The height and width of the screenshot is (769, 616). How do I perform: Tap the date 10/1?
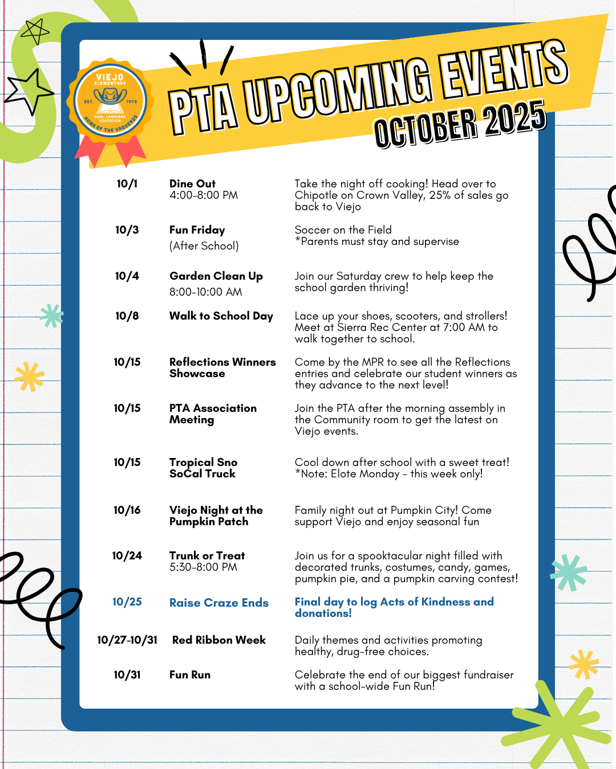(x=127, y=184)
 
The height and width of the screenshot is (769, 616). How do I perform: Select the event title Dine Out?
(x=192, y=184)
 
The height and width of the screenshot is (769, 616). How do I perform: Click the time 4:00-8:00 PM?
(x=204, y=195)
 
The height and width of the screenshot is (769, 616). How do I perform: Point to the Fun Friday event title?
(x=197, y=230)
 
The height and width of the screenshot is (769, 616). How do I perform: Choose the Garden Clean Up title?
(x=216, y=276)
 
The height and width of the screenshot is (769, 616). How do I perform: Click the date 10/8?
(x=127, y=316)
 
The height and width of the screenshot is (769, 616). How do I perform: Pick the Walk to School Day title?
(x=221, y=316)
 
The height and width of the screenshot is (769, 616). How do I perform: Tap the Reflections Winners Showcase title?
(x=222, y=368)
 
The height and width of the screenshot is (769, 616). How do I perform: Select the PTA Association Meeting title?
(x=213, y=414)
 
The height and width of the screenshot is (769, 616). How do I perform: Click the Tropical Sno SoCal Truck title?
(x=203, y=468)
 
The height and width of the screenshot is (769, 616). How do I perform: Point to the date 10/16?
(x=127, y=510)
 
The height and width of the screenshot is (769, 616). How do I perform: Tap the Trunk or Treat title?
(x=206, y=556)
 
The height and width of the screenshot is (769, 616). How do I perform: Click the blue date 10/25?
(x=127, y=602)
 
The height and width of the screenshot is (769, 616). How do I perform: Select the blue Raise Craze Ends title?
(x=218, y=603)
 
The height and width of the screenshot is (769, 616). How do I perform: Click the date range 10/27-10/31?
(x=127, y=640)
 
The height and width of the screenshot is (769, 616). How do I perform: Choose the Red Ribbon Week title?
(x=218, y=640)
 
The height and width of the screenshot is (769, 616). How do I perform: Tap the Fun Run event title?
(x=189, y=675)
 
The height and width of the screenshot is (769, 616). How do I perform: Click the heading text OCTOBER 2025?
(x=460, y=124)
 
